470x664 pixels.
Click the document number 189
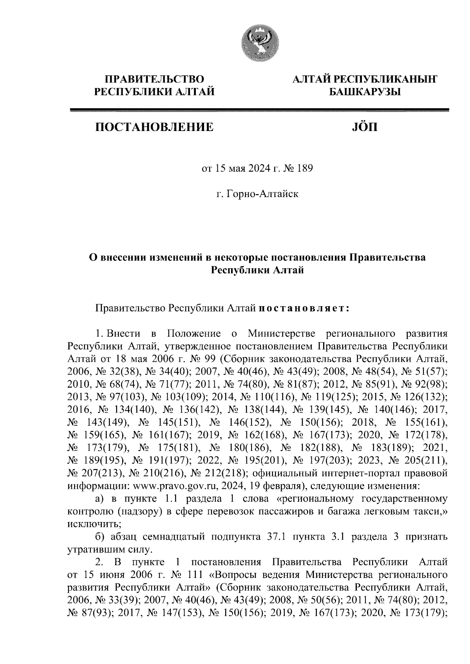(305, 169)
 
